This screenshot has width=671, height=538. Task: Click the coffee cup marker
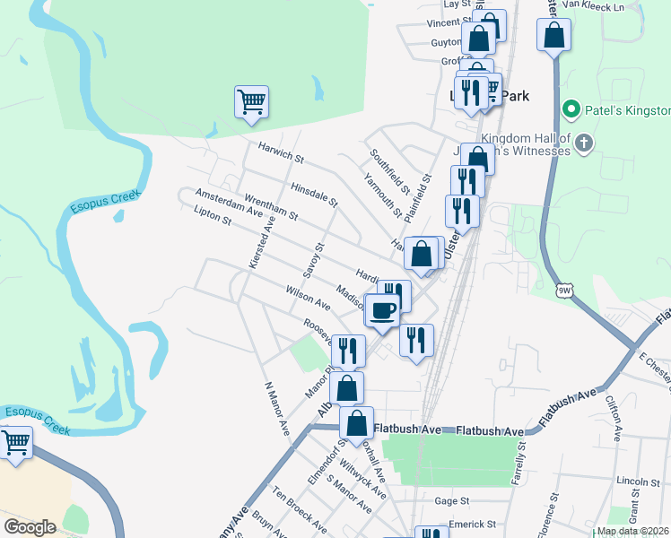[x=383, y=310]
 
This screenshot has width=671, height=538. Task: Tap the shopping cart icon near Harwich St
[x=251, y=100]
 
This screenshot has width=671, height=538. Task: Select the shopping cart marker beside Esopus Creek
[x=16, y=441]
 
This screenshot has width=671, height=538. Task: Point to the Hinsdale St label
[x=313, y=195]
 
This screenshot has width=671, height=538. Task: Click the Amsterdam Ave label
[x=229, y=206]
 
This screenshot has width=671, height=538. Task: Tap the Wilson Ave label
[x=309, y=299]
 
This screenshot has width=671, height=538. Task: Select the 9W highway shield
[x=564, y=290]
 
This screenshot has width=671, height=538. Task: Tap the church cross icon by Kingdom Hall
[x=584, y=143]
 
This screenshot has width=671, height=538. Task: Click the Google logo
[x=30, y=527]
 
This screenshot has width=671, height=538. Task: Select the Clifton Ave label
[x=614, y=419]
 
